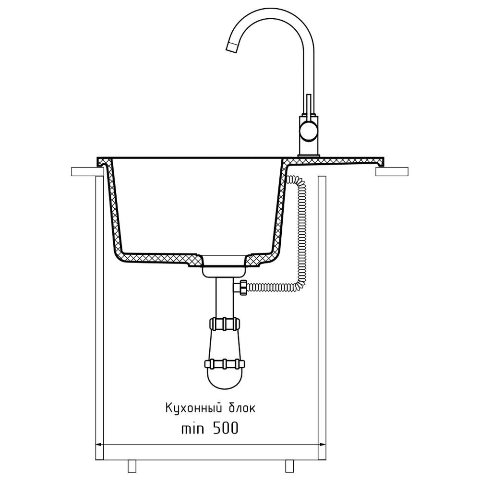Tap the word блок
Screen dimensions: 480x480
point(242,408)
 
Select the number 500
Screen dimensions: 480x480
point(225,429)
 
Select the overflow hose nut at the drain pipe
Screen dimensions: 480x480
point(244,288)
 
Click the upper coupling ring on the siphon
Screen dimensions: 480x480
point(225,324)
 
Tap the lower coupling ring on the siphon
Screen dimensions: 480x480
point(225,364)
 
